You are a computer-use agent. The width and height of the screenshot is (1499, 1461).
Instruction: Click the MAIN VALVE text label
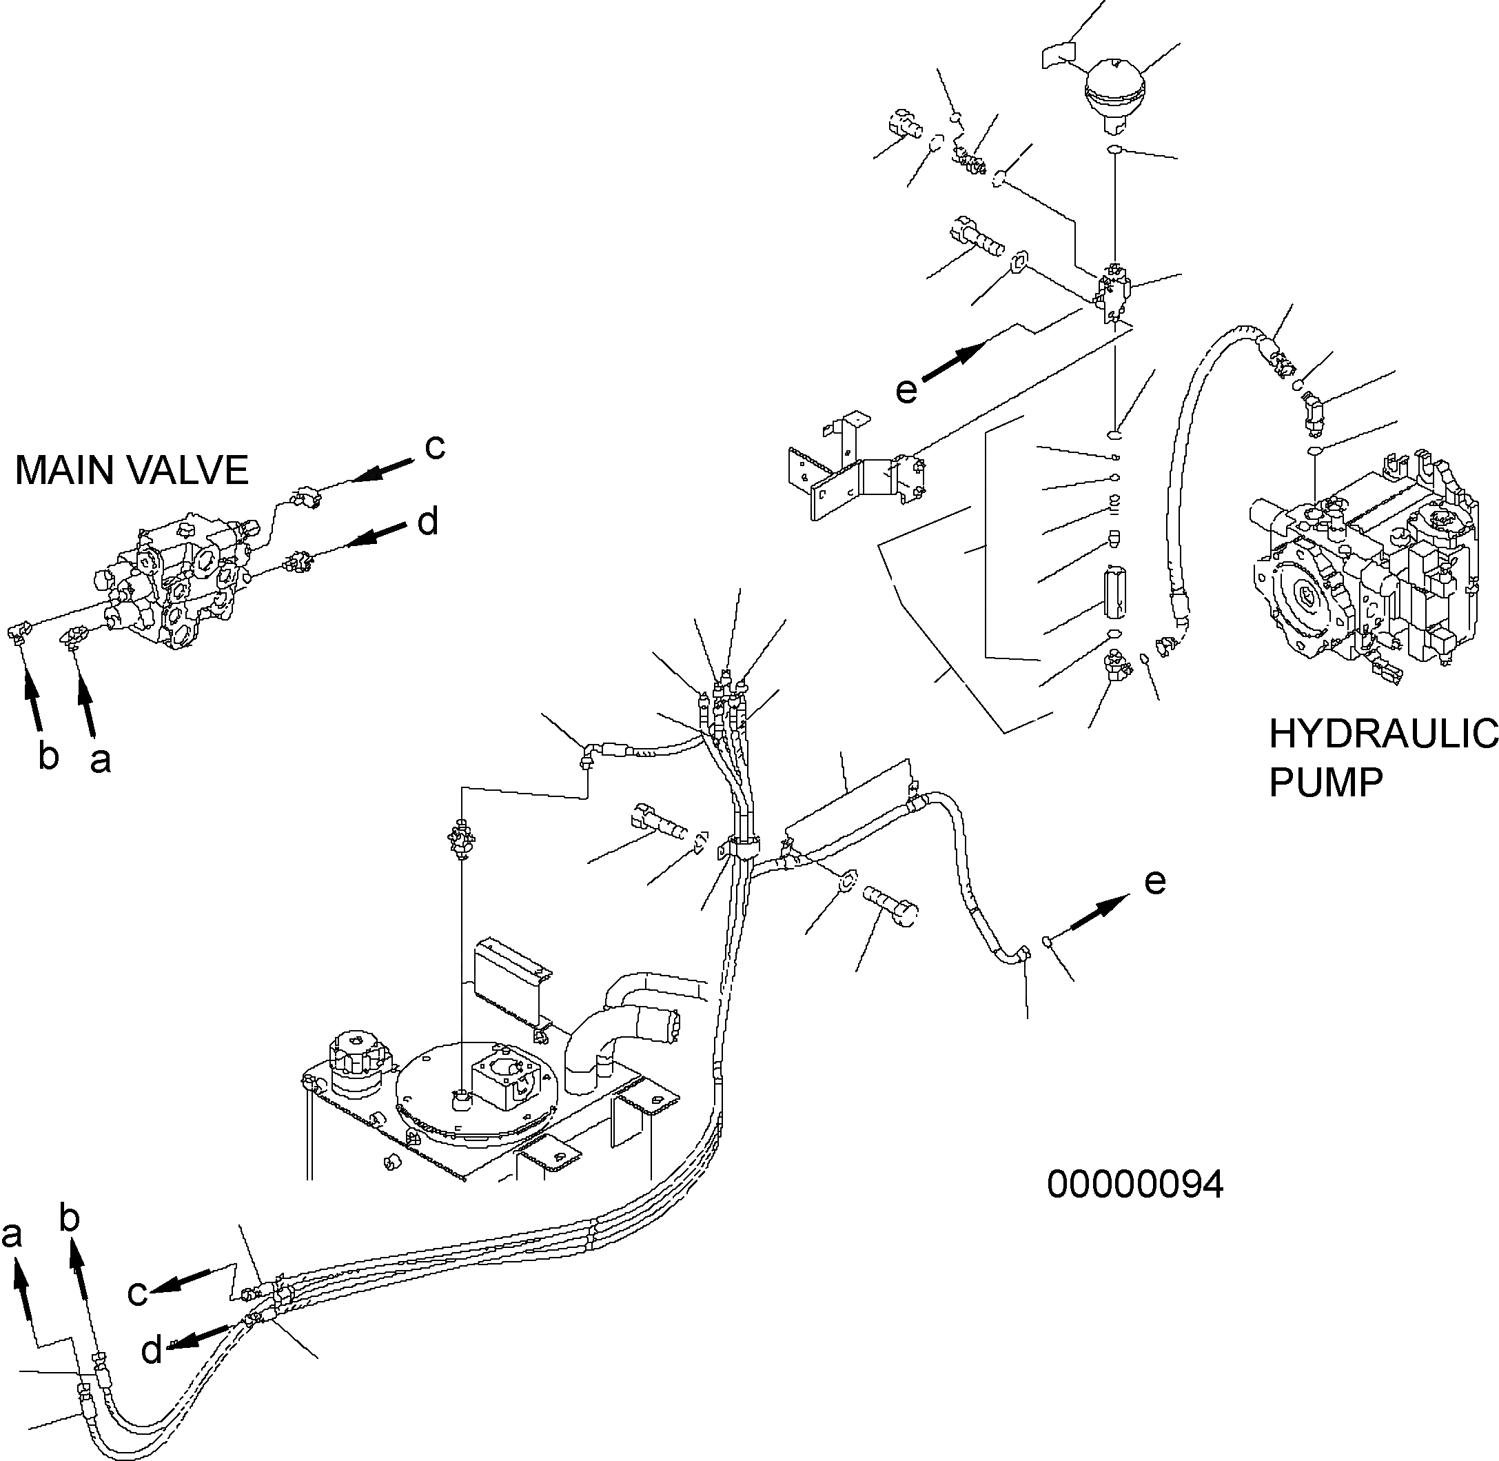(x=132, y=470)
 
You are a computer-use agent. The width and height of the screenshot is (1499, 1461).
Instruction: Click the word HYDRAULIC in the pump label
(x=1383, y=734)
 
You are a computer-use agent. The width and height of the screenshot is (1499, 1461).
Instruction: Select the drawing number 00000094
(x=1134, y=1185)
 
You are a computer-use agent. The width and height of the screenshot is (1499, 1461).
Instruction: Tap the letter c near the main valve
(x=434, y=447)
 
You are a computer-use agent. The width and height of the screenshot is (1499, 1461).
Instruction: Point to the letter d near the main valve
(x=428, y=523)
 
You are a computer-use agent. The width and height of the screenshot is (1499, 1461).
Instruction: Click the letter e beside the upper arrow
(x=906, y=390)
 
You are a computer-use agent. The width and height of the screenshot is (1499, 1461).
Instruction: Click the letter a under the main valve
(x=101, y=760)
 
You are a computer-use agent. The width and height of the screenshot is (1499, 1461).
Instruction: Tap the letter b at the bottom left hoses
(x=70, y=1218)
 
